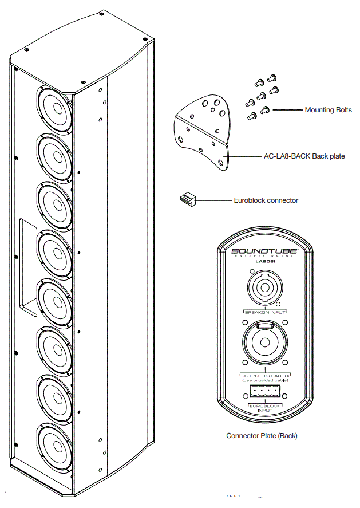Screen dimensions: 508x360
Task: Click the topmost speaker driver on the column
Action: [56, 107]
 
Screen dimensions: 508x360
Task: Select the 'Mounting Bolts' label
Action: [328, 110]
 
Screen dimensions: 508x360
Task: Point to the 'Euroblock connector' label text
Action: [266, 200]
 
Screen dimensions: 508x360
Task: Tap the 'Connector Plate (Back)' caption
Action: [262, 436]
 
